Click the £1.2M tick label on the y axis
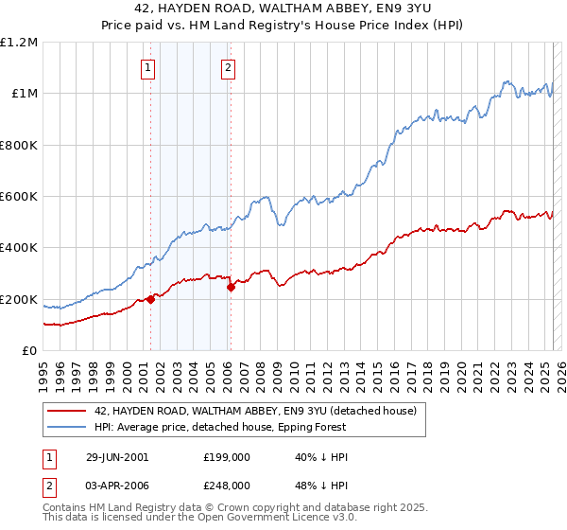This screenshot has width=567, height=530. click(x=20, y=43)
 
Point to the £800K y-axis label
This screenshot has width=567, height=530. click(x=19, y=146)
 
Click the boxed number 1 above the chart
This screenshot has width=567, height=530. click(x=149, y=67)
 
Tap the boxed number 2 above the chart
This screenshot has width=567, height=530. click(x=229, y=67)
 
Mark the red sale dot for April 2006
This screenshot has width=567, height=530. click(x=231, y=288)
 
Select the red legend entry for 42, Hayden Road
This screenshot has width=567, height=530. click(x=261, y=411)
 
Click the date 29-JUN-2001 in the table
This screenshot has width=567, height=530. click(x=117, y=457)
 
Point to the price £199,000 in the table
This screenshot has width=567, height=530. click(x=226, y=457)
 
